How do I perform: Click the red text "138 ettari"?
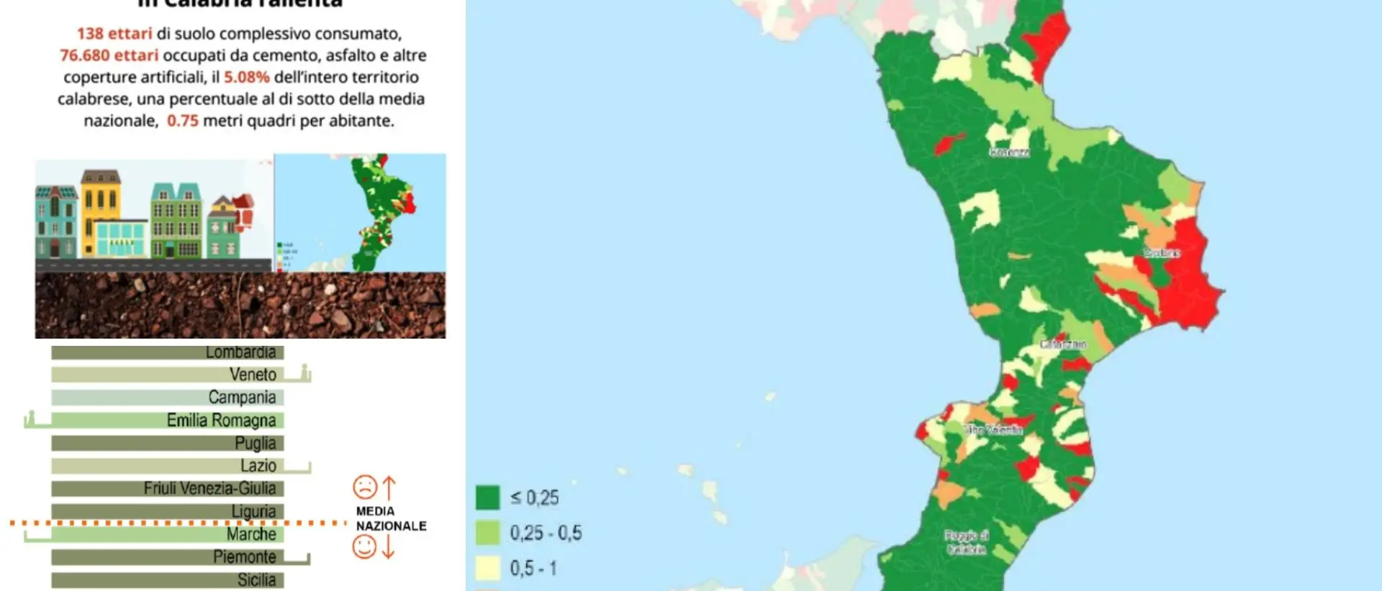[114, 34]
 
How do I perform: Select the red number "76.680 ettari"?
[109, 55]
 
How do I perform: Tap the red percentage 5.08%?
[246, 77]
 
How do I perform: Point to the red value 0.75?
[182, 121]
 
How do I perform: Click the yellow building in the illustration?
[100, 212]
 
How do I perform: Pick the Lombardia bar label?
[240, 352]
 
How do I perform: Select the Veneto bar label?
[253, 375]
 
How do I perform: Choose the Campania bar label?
[242, 398]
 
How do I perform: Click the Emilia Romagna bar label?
[221, 421]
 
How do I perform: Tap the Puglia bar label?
[255, 443]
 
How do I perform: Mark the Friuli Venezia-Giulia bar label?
[209, 489]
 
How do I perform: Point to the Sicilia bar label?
[256, 580]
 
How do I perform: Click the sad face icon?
[365, 487]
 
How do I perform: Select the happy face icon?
[365, 547]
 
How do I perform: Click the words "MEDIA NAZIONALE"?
[390, 518]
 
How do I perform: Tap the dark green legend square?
[487, 498]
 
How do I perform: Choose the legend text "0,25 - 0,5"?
[546, 533]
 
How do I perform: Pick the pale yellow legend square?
[487, 568]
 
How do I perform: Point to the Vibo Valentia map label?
[994, 430]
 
